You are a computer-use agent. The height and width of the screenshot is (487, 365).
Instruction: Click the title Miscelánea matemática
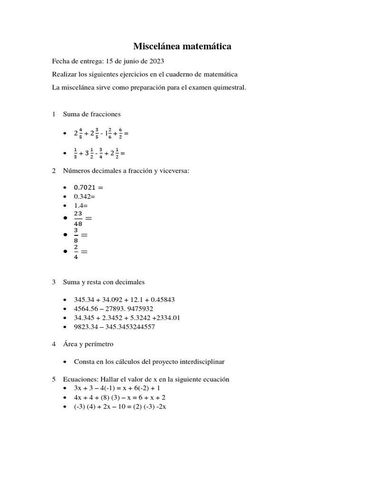point(182,46)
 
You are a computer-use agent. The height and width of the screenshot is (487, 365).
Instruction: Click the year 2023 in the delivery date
point(156,62)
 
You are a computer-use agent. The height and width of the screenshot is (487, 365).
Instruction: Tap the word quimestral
point(230,88)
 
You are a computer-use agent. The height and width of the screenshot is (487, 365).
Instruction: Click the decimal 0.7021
point(86,187)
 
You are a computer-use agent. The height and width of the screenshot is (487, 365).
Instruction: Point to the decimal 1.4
point(79,205)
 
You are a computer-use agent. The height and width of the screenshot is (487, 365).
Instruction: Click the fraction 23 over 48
point(78,218)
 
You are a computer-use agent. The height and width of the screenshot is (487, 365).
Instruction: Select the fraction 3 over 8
point(76,235)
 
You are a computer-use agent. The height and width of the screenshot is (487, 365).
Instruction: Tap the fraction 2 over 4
point(76,252)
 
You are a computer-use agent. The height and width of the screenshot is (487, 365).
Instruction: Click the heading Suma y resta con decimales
point(104,282)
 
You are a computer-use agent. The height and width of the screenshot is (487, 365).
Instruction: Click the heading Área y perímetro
point(88,344)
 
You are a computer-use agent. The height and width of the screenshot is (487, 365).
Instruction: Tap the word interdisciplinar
point(200,361)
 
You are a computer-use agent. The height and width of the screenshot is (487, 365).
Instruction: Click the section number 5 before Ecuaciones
point(54,379)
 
